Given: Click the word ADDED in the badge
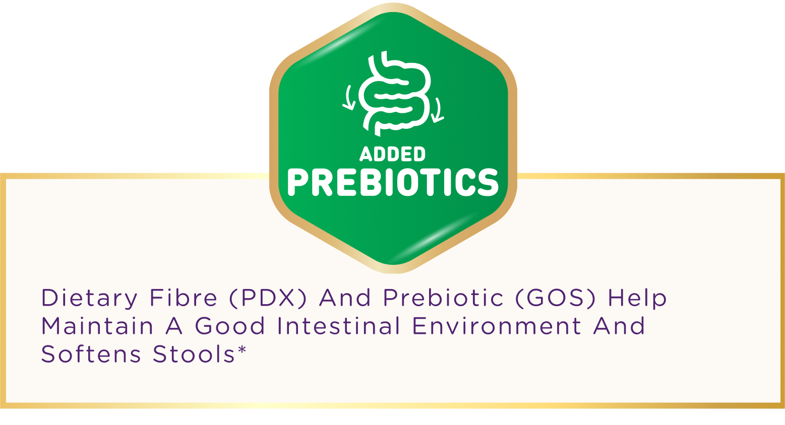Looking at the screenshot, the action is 392,154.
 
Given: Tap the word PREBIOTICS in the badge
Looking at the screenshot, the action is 393,182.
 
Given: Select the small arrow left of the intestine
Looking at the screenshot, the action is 349,98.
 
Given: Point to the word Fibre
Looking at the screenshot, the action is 184,298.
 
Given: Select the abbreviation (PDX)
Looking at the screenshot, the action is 268,298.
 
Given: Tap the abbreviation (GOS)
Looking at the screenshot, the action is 556,298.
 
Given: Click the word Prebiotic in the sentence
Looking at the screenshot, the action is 443,298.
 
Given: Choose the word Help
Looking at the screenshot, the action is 637,299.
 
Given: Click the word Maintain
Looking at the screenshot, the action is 97,326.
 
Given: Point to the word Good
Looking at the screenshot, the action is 229,326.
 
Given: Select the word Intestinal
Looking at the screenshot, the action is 338,326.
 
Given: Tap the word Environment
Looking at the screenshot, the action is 497,326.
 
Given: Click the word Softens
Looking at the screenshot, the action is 91,354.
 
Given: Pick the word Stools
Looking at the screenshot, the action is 194,354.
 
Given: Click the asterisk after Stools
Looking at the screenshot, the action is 242,349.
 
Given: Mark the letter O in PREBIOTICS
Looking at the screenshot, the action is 417,182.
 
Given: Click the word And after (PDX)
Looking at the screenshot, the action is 344,298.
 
